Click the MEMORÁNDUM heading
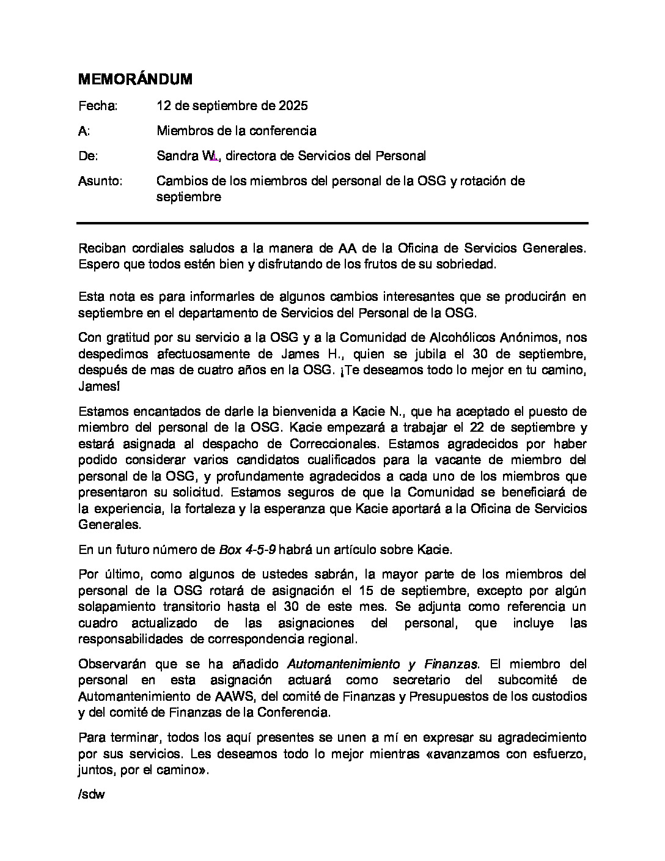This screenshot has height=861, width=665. pos(135,79)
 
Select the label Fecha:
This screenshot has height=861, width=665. pos(98,106)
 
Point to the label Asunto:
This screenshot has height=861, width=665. pos(100,181)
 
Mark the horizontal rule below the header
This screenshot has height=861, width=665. pos(332,223)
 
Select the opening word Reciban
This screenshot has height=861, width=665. pos(101,248)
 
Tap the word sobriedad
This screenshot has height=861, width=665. pos(470,264)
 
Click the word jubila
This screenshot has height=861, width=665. pos(449,354)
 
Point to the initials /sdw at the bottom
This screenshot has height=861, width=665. pos(92,796)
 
